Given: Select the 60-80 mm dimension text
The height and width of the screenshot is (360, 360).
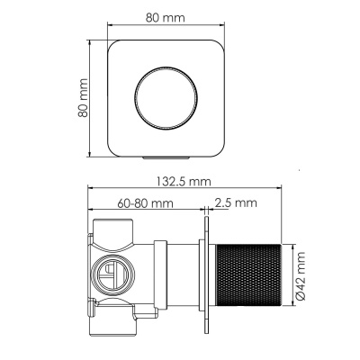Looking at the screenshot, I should (x=148, y=204).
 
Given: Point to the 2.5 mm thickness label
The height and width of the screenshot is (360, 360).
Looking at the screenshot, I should (x=237, y=204).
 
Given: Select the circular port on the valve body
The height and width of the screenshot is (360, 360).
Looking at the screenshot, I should (x=112, y=275).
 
